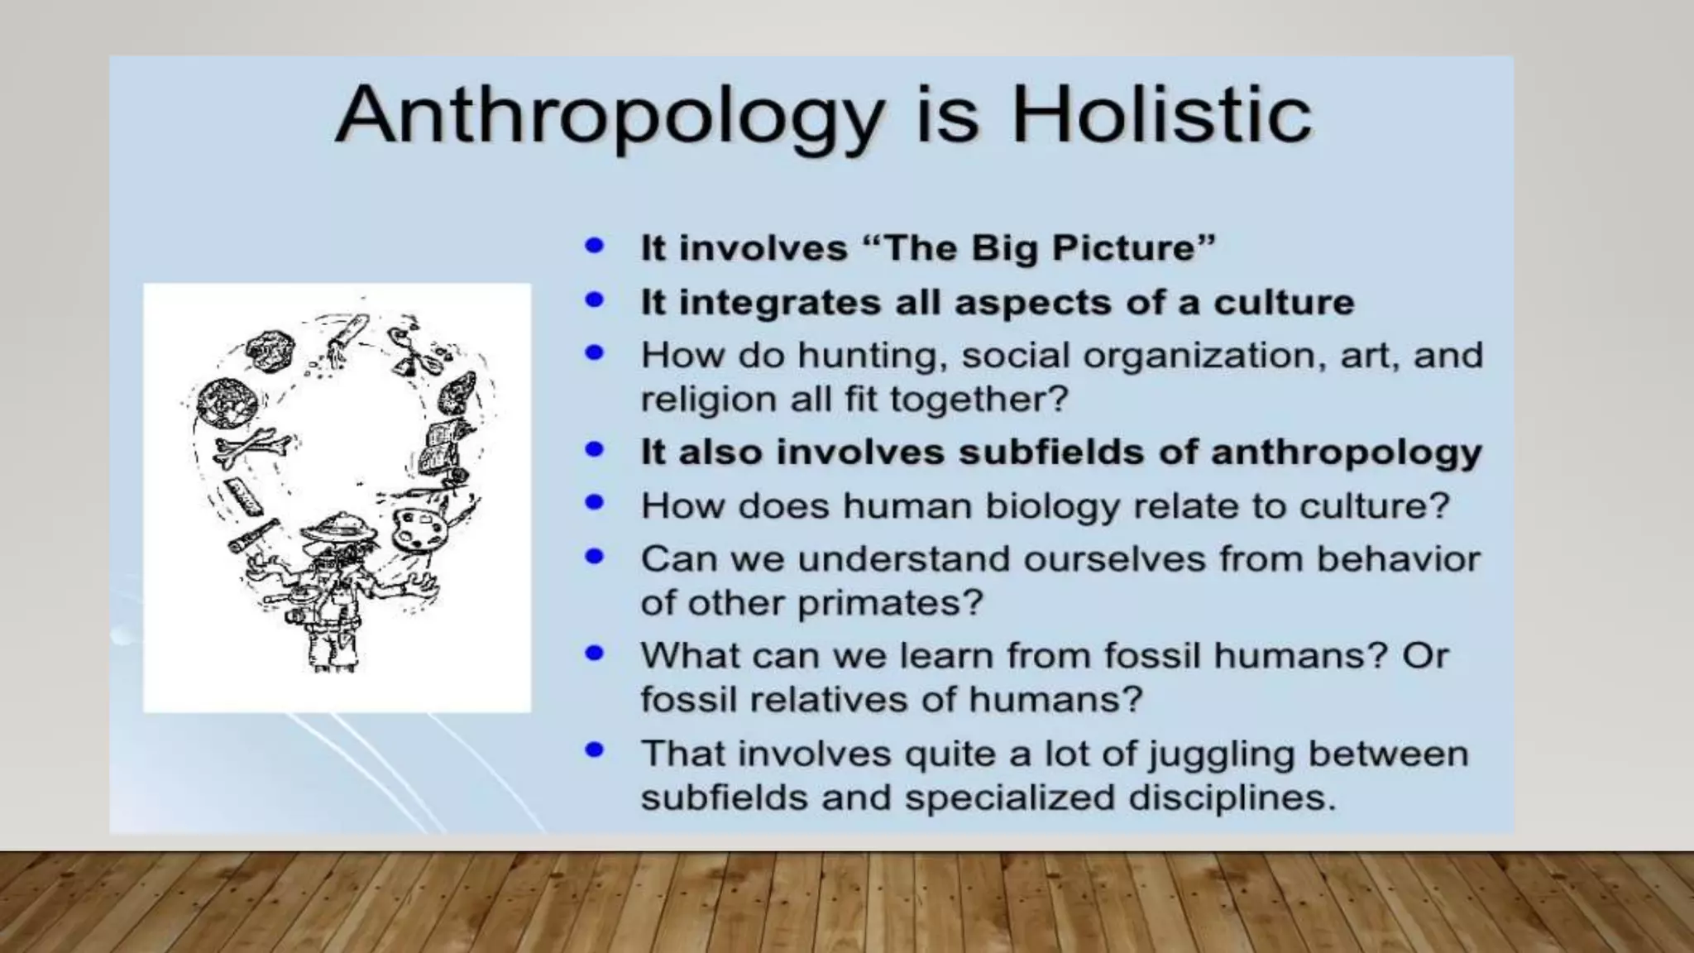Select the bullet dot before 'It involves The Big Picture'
[x=594, y=246]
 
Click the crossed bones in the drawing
[x=252, y=449]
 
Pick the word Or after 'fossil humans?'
[x=1425, y=656]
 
